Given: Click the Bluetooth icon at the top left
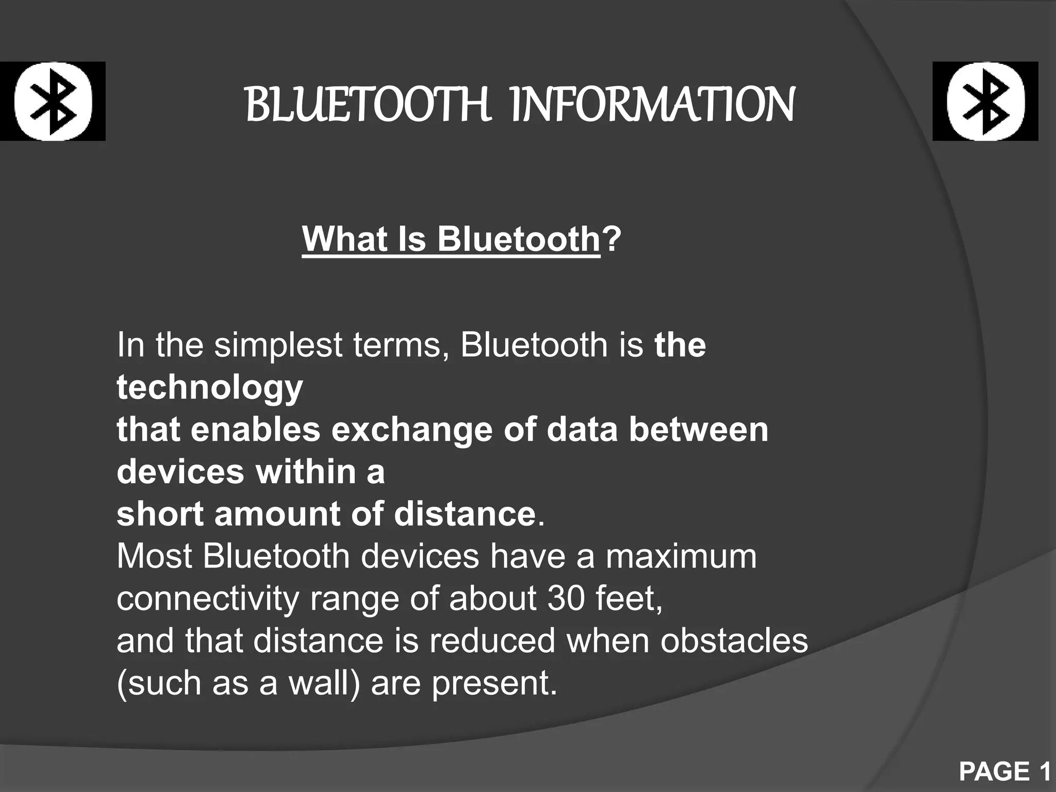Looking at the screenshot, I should pos(53,101).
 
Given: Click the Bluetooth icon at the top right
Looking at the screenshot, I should pos(985,101).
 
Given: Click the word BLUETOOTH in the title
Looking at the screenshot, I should pos(368,105).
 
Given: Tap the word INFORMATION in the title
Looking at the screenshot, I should pos(652,105).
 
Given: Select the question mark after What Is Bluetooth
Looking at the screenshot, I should pos(612,239).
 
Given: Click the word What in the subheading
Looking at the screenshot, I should pos(344,239).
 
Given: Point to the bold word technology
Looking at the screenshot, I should pos(210,388).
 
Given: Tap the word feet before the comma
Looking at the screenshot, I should pos(627,599).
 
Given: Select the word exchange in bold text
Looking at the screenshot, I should pos(411,430).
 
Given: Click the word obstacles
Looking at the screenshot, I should pos(734,641).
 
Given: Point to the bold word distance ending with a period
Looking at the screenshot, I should pos(465,515).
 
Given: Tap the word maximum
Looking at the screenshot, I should pos(681,556).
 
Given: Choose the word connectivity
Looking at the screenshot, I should pos(208,599).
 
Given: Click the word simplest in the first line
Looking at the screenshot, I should pos(278,345).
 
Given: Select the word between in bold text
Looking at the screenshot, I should pos(698,430).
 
